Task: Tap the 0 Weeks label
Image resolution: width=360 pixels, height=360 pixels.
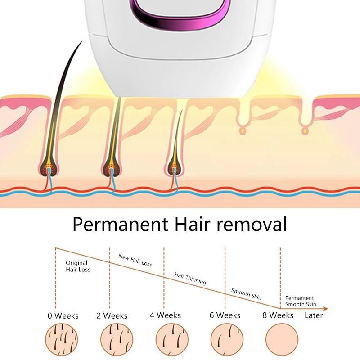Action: pos(63,315)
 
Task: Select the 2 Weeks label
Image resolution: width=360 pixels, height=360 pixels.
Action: pos(112,315)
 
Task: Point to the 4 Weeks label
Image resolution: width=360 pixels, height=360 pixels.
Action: pos(165,315)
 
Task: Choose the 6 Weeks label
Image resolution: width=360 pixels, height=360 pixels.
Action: pos(225,315)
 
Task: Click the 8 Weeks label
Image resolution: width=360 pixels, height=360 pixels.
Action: pos(278,315)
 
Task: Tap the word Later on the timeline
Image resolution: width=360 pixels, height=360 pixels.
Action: pos(314,315)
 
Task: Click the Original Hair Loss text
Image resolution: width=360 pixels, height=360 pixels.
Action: pos(78,266)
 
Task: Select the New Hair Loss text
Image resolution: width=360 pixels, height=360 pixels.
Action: pos(135,260)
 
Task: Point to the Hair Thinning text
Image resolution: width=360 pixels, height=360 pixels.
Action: pos(190,278)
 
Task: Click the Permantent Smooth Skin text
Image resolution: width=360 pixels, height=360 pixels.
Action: pos(301,301)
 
